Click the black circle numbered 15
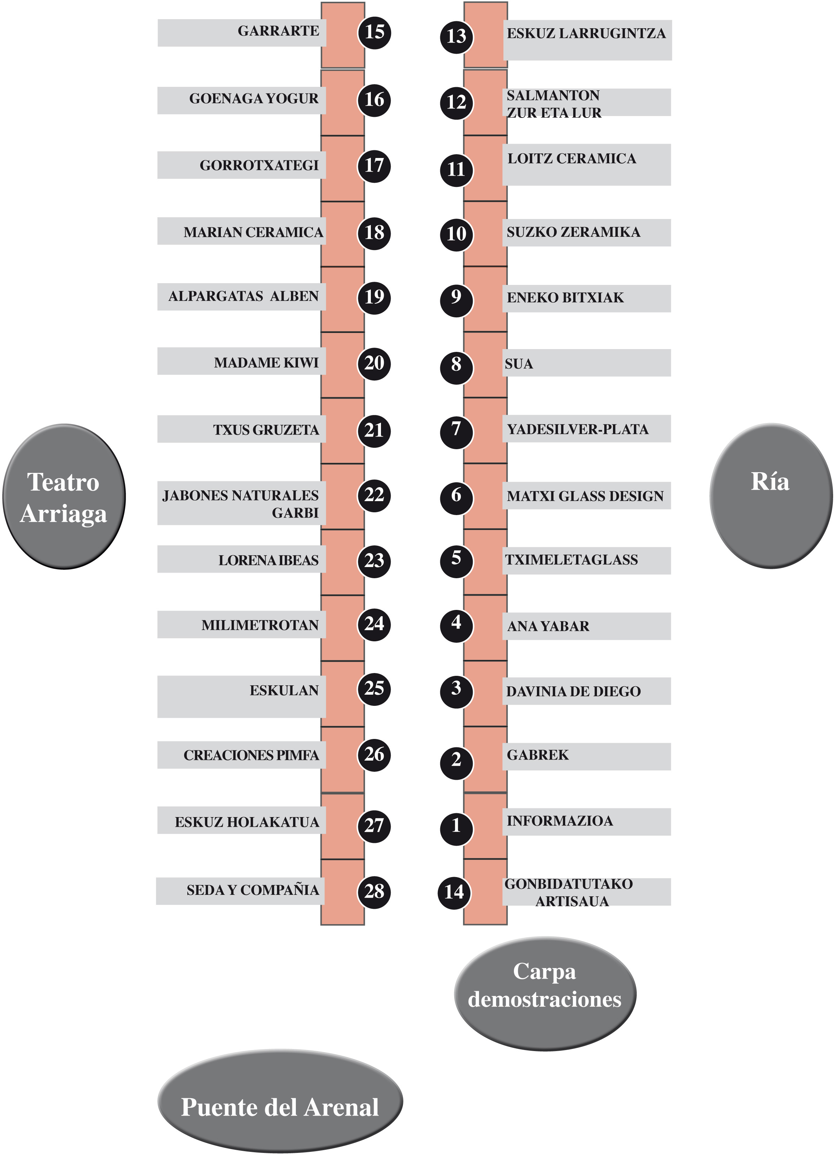374,32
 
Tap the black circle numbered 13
456,36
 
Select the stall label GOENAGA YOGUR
254,98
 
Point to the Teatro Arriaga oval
64,497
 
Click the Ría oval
770,496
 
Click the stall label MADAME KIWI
266,363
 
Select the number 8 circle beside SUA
456,365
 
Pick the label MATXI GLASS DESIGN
585,496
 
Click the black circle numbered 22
374,495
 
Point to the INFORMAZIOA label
559,821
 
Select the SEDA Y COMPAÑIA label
253,890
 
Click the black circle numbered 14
454,892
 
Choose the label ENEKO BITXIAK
565,297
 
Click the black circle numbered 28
374,891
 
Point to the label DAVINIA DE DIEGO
573,692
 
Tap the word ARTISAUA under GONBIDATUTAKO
572,901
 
